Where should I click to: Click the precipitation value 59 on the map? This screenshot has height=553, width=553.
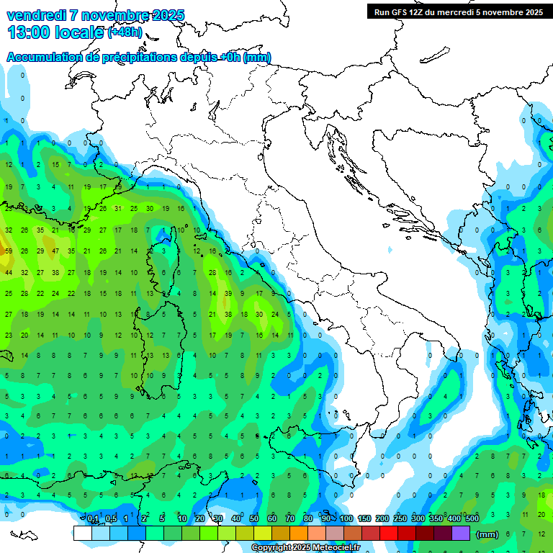[9, 251]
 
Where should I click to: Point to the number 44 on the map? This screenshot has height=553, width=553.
[9, 273]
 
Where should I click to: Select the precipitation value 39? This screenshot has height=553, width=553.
[228, 294]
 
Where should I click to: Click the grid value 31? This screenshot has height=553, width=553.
[117, 209]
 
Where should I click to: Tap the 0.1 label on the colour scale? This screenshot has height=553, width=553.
[92, 519]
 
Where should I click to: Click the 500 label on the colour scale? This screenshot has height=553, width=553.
[472, 519]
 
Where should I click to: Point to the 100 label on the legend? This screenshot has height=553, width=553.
[346, 519]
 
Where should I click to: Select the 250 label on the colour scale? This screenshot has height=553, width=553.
[400, 519]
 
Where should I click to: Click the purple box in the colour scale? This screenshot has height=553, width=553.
[462, 533]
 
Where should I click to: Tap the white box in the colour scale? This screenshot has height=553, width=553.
[82, 533]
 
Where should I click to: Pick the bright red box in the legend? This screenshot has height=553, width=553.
[390, 533]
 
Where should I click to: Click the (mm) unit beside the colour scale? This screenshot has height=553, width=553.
[487, 534]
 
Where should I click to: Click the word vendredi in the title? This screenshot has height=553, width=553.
[36, 15]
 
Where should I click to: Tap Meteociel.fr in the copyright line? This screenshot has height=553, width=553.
[332, 548]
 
